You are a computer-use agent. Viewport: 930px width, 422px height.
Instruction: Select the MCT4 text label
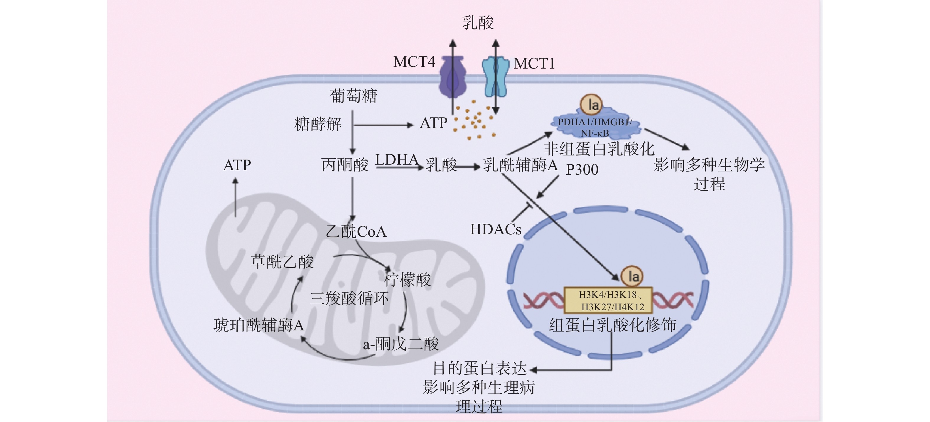pos(414,62)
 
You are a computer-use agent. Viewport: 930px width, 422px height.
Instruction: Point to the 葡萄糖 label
pos(353,96)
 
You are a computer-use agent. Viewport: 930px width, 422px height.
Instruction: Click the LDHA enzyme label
pos(397,159)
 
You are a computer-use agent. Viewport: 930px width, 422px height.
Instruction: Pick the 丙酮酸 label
pos(345,165)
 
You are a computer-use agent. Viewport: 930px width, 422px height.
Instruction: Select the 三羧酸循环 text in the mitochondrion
pos(349,298)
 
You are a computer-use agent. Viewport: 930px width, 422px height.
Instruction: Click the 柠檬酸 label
pos(407,279)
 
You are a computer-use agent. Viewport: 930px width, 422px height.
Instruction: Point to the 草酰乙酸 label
pos(282,262)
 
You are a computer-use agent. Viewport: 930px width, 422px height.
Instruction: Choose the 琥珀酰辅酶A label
pos(259,325)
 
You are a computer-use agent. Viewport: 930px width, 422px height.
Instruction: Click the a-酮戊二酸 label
pos(401,344)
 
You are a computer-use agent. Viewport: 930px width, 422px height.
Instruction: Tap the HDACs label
pos(496,229)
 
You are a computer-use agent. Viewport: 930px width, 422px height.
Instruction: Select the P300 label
pos(582,169)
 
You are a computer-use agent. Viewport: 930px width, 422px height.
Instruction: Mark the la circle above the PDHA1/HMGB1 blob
pos(591,105)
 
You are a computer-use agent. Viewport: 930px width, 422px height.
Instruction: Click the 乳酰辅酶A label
pos(520,165)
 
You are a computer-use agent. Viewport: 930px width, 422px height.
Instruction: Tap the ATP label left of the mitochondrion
pos(237,165)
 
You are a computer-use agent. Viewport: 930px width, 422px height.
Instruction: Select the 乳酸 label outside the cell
pos(477,23)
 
